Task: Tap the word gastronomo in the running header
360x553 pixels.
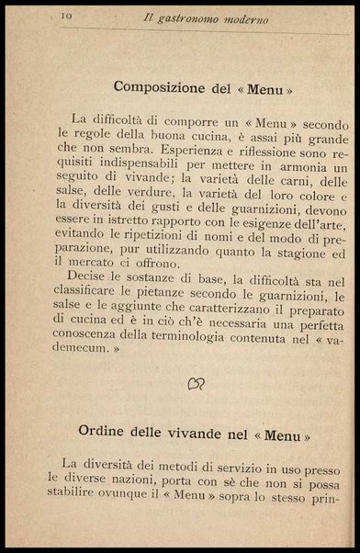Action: pyautogui.click(x=200, y=17)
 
